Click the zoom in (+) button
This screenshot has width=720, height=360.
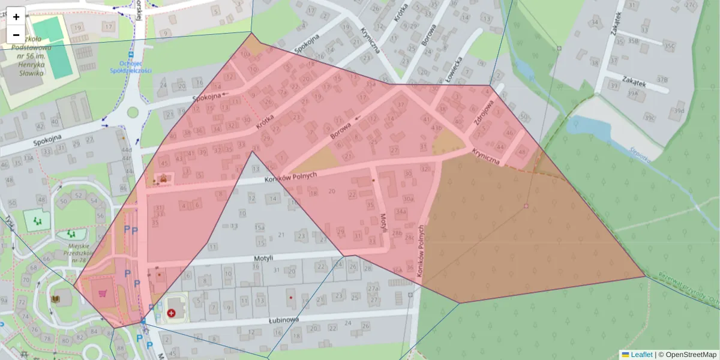(16, 17)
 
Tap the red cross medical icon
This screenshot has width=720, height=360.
(172, 313)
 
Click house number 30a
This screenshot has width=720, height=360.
(408, 199)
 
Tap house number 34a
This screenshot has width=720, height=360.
(401, 212)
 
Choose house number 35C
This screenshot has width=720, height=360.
(669, 45)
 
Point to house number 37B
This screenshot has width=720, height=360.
(662, 79)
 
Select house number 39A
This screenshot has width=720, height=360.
(632, 94)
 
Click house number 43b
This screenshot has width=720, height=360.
(436, 127)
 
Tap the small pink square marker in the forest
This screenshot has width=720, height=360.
(526, 206)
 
